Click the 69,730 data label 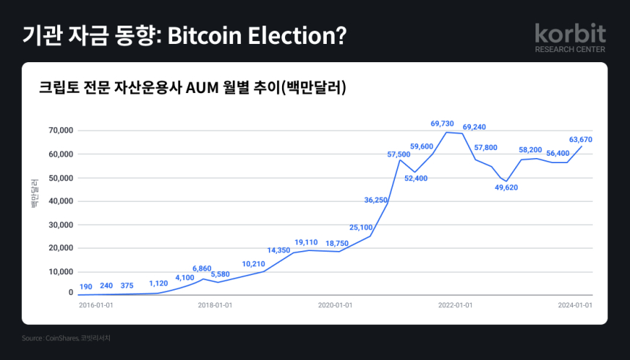pyautogui.click(x=444, y=124)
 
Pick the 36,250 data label pyautogui.click(x=376, y=200)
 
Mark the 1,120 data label pyautogui.click(x=158, y=284)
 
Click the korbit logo pyautogui.click(x=570, y=37)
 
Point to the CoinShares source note pyautogui.click(x=67, y=338)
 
